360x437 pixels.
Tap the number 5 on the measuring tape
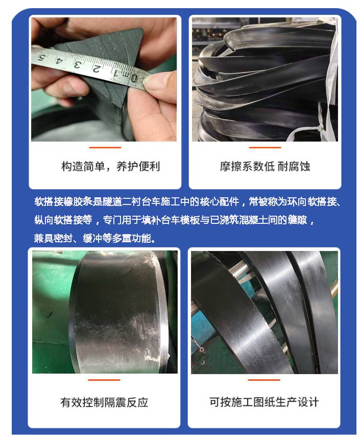click(x=42, y=58)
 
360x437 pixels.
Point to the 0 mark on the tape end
click(x=134, y=78)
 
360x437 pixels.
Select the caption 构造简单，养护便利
click(x=111, y=167)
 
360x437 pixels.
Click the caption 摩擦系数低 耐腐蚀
click(x=265, y=167)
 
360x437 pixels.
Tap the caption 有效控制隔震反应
click(x=104, y=402)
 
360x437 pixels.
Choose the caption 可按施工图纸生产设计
click(x=264, y=402)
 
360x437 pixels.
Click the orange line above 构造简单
click(x=105, y=147)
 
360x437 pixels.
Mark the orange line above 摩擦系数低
click(x=265, y=147)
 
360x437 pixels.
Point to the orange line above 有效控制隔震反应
click(x=104, y=380)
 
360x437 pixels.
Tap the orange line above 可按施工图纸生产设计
click(x=263, y=380)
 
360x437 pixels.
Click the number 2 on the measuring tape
click(x=96, y=68)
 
